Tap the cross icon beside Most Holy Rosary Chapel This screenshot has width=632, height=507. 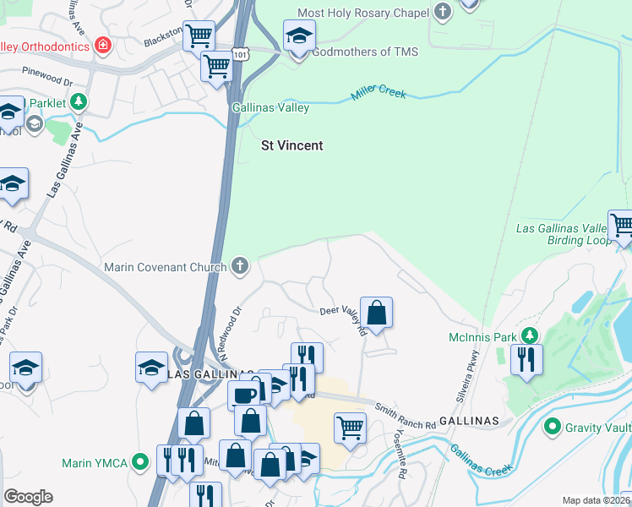pyautogui.click(x=442, y=12)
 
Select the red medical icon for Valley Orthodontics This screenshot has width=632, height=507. pyautogui.click(x=102, y=45)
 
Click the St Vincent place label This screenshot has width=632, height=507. pyautogui.click(x=291, y=145)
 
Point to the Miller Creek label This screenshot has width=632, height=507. pyautogui.click(x=379, y=93)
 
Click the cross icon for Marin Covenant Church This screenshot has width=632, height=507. pyautogui.click(x=241, y=266)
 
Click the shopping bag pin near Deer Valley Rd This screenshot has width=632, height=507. pyautogui.click(x=376, y=312)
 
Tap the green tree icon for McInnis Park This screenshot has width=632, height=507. pyautogui.click(x=529, y=337)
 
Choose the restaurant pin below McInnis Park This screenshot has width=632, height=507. pyautogui.click(x=526, y=359)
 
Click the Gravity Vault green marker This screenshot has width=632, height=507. pyautogui.click(x=553, y=427)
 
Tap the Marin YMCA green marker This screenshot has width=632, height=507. pyautogui.click(x=141, y=462)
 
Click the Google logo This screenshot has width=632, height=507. pyautogui.click(x=28, y=497)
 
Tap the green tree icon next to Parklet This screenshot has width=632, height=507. pyautogui.click(x=79, y=102)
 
